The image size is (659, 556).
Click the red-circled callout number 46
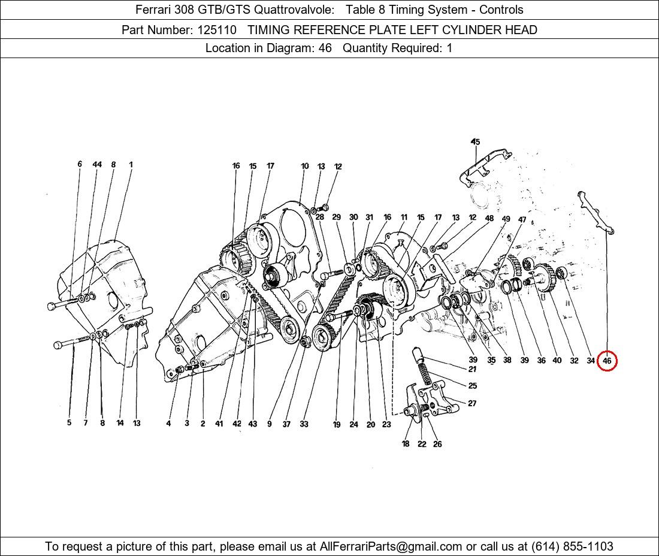coord(607,361)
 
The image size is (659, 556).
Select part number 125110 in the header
coord(217,30)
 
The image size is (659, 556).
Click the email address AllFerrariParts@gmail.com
coord(391,546)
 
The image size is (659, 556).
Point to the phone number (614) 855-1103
coord(572,546)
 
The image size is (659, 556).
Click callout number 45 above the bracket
coord(475,142)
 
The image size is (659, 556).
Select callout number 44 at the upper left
coord(97,164)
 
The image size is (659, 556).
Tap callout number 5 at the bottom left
coord(69,423)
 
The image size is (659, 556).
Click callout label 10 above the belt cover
coord(305,167)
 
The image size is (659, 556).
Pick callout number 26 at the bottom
coord(437,444)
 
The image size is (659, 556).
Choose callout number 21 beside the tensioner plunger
coord(473,370)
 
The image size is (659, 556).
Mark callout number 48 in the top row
coord(489,219)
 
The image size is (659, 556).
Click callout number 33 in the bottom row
coord(304,424)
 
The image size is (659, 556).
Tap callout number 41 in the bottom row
coord(219,424)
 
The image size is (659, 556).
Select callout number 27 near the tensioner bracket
coord(473,403)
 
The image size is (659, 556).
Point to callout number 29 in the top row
coord(336,217)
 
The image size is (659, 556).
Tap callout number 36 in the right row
coord(542,361)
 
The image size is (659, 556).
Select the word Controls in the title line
coord(501,10)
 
